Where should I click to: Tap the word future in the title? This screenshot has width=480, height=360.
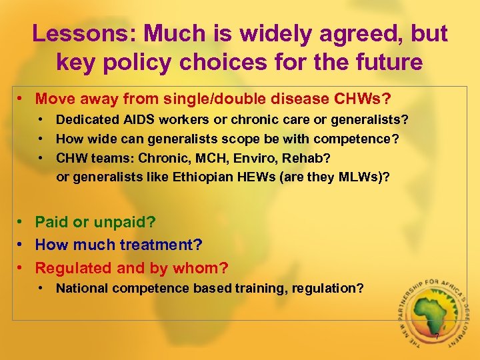(x=383, y=63)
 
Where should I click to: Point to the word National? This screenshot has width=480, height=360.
(x=81, y=288)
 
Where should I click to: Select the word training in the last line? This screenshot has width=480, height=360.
(x=261, y=288)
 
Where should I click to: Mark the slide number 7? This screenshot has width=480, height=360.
(x=436, y=337)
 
